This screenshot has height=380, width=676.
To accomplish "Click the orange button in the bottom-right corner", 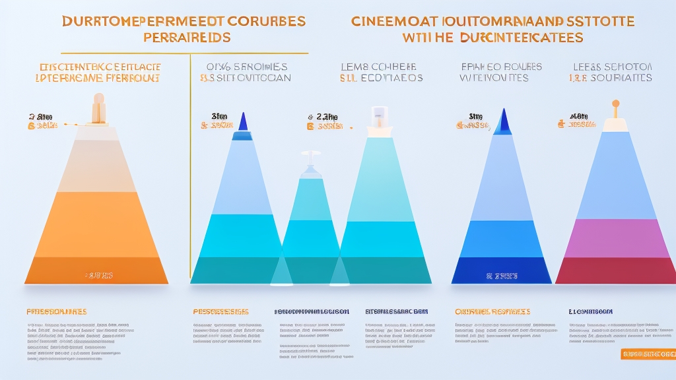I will [648, 354].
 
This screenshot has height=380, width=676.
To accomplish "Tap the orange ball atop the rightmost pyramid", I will [615, 104].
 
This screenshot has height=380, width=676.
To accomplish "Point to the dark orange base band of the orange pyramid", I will [96, 270].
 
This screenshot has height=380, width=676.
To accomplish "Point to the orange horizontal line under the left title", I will [185, 53].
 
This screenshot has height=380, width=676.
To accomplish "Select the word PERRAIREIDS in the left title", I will [187, 38].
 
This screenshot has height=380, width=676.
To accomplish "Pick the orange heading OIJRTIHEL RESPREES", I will [492, 311].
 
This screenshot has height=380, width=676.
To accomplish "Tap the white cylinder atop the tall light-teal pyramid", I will [379, 117].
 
